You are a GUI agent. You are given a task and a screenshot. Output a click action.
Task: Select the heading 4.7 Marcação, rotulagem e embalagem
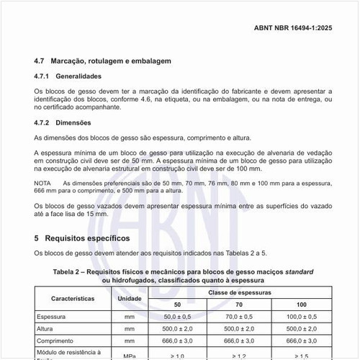pyautogui.click(x=103, y=61)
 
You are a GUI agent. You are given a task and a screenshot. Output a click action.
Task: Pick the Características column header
pyautogui.click(x=73, y=297)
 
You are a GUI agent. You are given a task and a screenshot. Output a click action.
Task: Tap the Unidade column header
pyautogui.click(x=130, y=297)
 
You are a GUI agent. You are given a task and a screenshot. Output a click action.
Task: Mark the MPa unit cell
pyautogui.click(x=130, y=356)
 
